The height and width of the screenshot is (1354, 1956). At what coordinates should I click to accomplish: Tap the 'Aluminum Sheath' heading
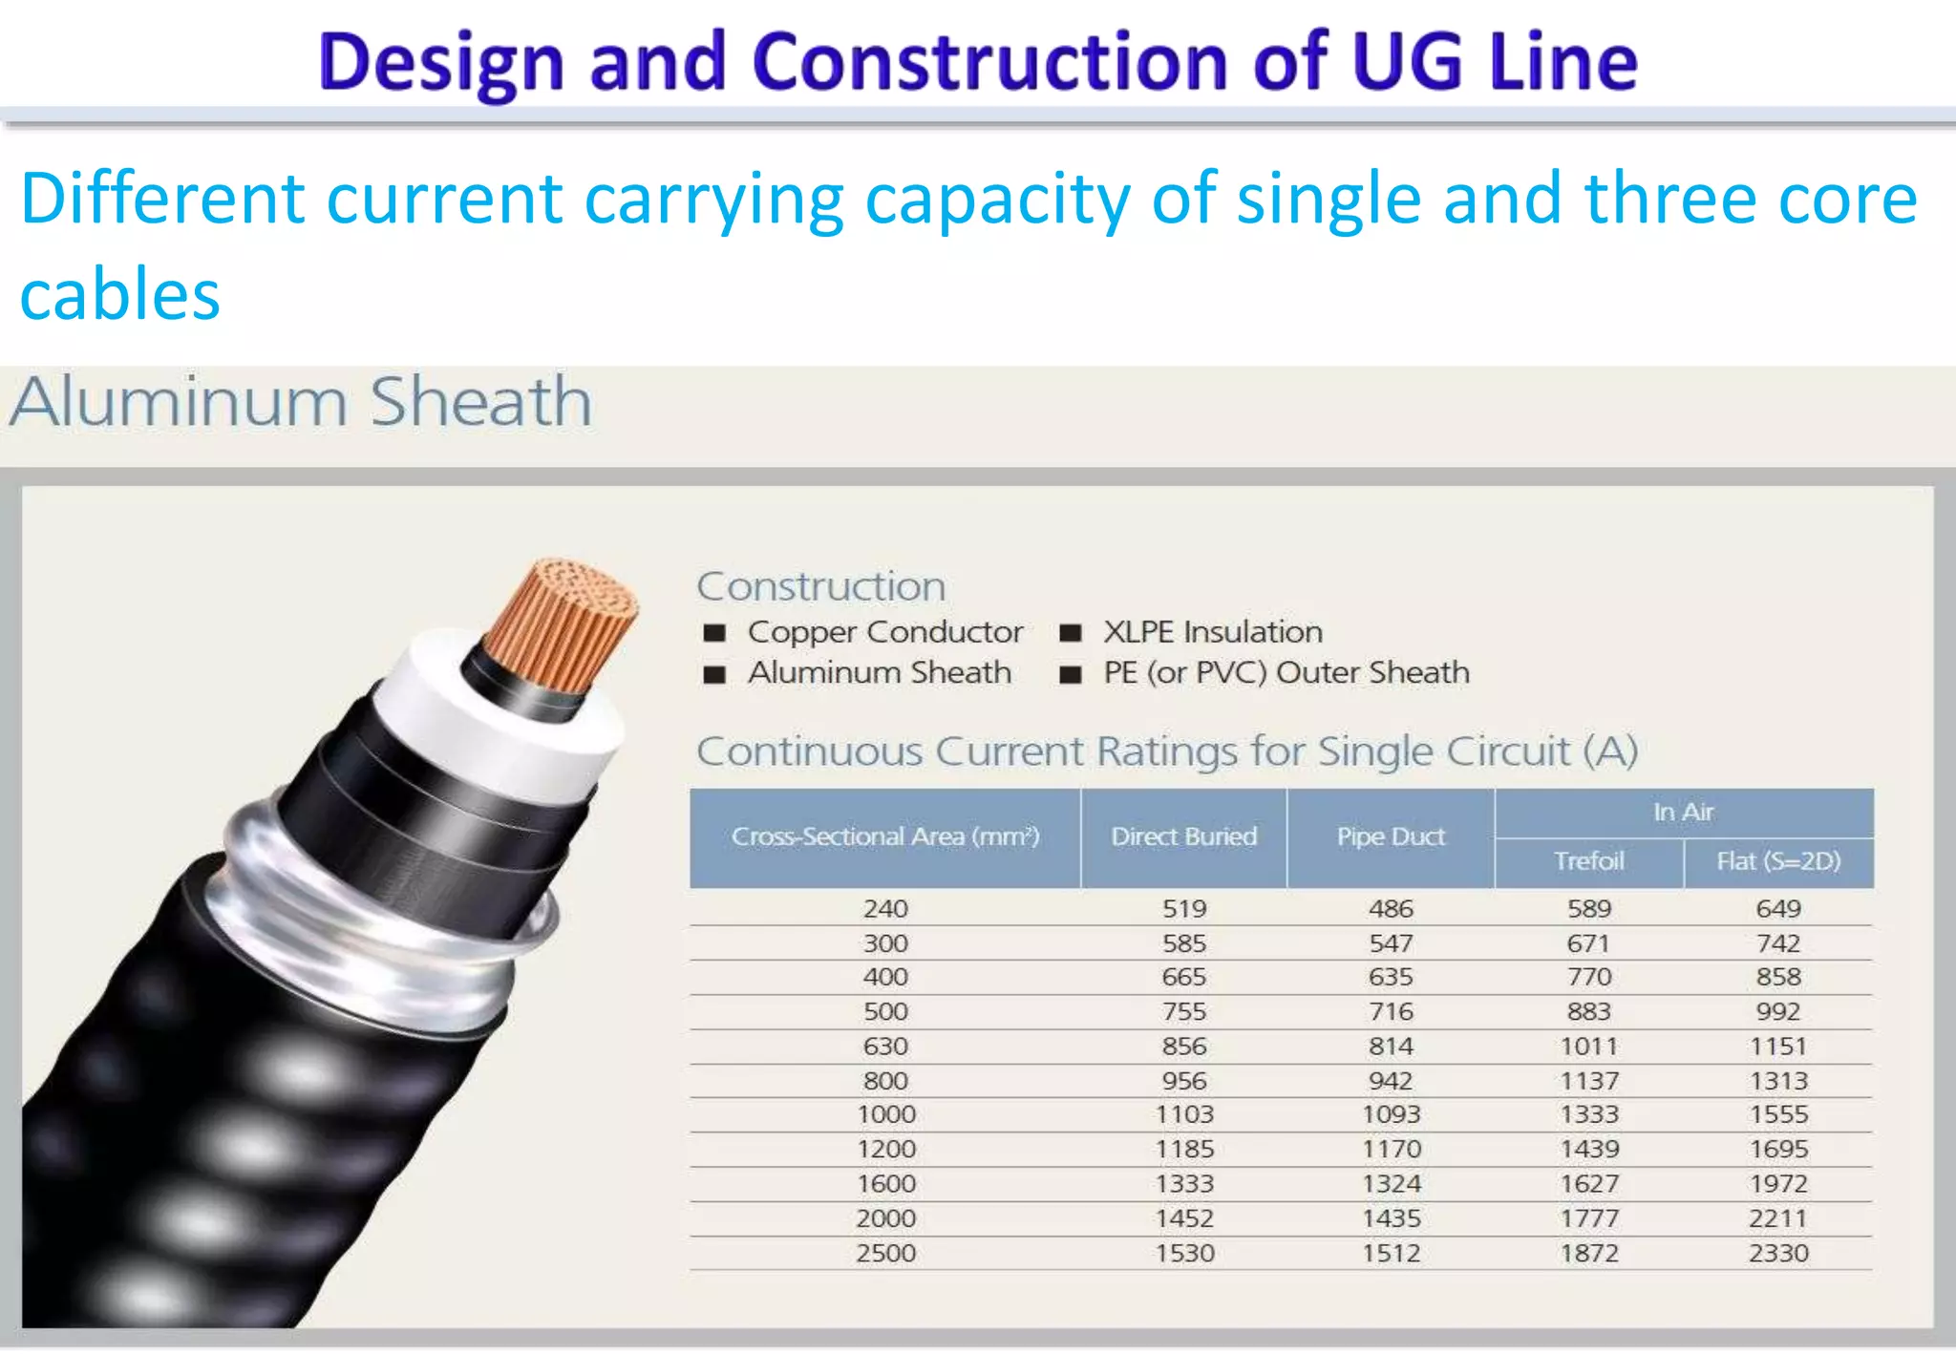(301, 402)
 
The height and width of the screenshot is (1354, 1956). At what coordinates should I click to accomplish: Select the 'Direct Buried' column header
(1183, 836)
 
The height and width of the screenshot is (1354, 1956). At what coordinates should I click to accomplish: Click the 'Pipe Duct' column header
(1391, 836)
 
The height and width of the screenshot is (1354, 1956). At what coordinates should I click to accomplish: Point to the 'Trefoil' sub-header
(1588, 861)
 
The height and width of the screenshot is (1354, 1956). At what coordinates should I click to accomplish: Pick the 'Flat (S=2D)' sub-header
(1777, 861)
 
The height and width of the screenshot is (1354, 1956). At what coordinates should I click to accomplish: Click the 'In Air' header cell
(1683, 812)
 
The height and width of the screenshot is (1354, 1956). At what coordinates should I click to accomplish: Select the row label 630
(885, 1047)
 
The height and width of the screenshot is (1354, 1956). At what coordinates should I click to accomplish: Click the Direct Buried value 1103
(1184, 1114)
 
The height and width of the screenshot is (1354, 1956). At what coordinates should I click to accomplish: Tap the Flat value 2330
(1778, 1253)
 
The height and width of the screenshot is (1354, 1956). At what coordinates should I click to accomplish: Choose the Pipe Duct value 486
(1391, 909)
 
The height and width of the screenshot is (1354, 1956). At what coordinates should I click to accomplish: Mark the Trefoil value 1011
(1588, 1047)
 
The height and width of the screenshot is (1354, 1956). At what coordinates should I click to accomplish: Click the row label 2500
(885, 1253)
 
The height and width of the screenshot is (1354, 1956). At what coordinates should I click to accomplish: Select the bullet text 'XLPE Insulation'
(1213, 632)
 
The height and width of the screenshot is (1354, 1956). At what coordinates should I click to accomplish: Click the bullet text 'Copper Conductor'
(885, 632)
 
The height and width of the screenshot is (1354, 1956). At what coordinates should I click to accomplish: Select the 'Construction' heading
(821, 586)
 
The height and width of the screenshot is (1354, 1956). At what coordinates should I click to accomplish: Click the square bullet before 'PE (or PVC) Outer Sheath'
(1071, 674)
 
